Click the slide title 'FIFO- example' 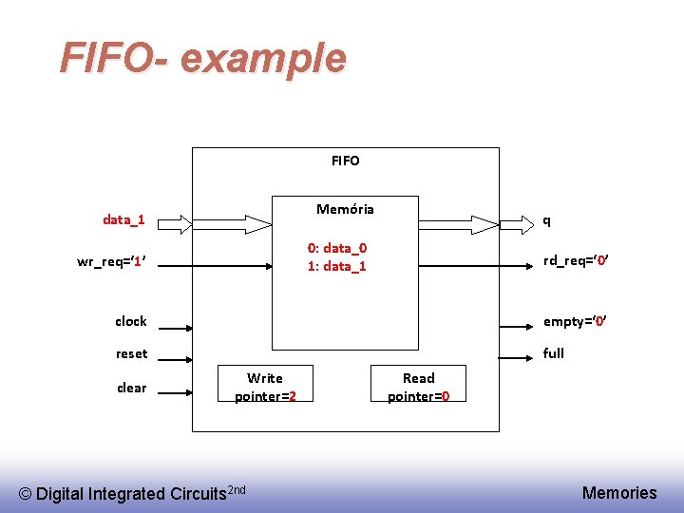click(x=202, y=58)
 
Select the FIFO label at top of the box click(x=345, y=161)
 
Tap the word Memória click(x=345, y=209)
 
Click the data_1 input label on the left click(x=123, y=220)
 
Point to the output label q click(x=545, y=220)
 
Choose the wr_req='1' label click(x=110, y=261)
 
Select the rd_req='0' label click(x=575, y=261)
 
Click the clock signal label click(x=131, y=321)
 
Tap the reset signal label click(x=131, y=353)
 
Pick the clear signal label click(x=131, y=387)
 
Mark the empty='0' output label click(x=574, y=321)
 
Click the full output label click(x=553, y=353)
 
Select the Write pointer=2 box click(x=265, y=387)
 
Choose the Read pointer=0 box click(x=418, y=387)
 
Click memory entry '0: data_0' click(x=337, y=248)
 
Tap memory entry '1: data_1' click(x=337, y=266)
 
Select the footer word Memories click(x=618, y=492)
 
